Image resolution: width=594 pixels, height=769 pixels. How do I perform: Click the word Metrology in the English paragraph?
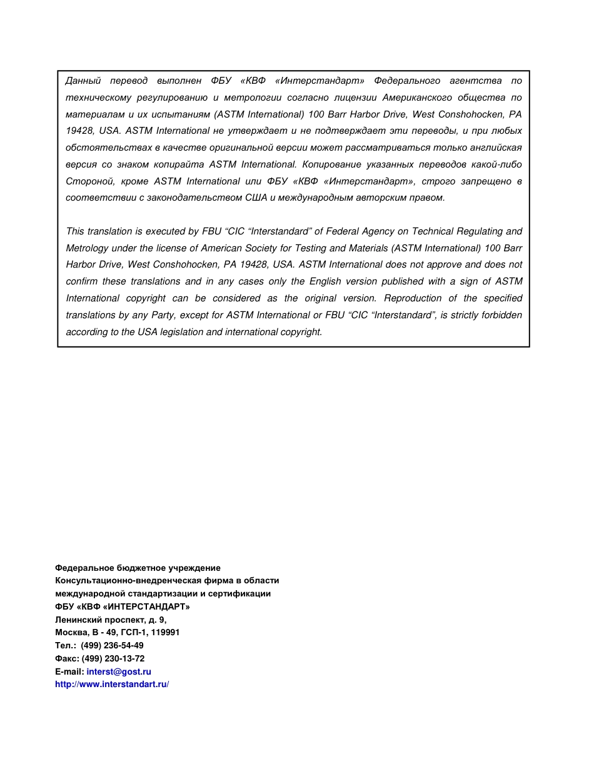[x=87, y=248]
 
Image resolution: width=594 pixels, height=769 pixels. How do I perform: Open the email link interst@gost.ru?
[x=119, y=671]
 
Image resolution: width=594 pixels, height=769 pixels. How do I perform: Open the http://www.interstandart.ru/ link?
[x=112, y=684]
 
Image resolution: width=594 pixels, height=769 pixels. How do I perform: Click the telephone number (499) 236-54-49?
[x=112, y=645]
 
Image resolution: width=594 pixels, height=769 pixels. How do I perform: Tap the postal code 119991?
[x=165, y=632]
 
